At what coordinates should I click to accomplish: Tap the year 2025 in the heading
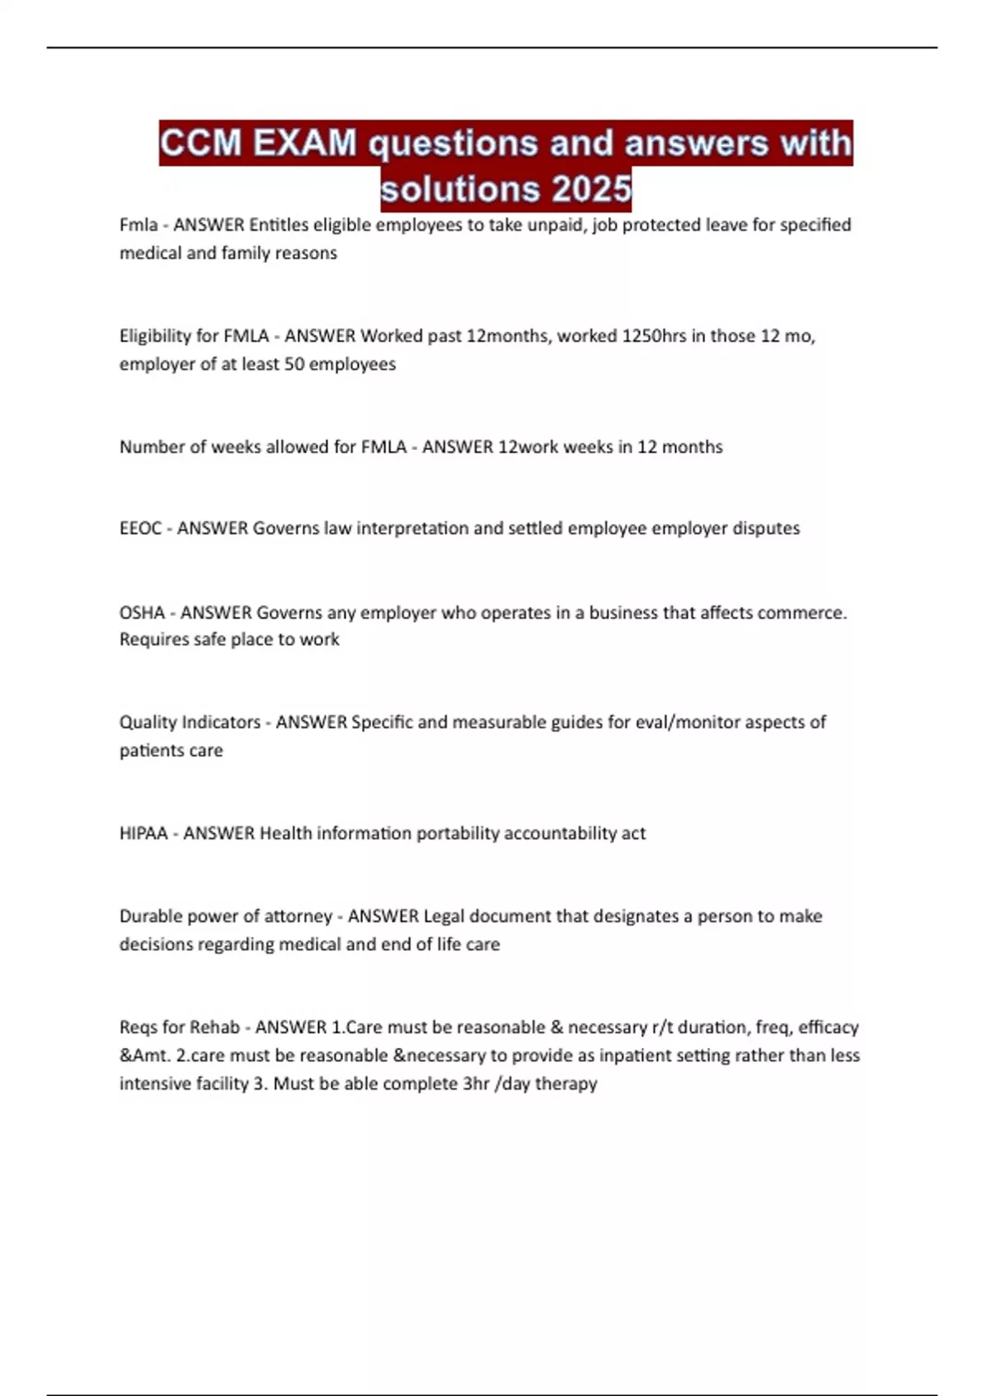(x=592, y=190)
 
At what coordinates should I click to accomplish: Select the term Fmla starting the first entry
(x=138, y=225)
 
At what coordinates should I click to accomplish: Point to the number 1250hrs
(x=654, y=336)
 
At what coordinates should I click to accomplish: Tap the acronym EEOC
(x=140, y=528)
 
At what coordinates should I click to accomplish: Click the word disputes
(x=765, y=528)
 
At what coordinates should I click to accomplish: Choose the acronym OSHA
(x=142, y=613)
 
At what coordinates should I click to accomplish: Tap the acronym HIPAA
(x=144, y=833)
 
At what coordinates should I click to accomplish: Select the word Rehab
(x=216, y=1027)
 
